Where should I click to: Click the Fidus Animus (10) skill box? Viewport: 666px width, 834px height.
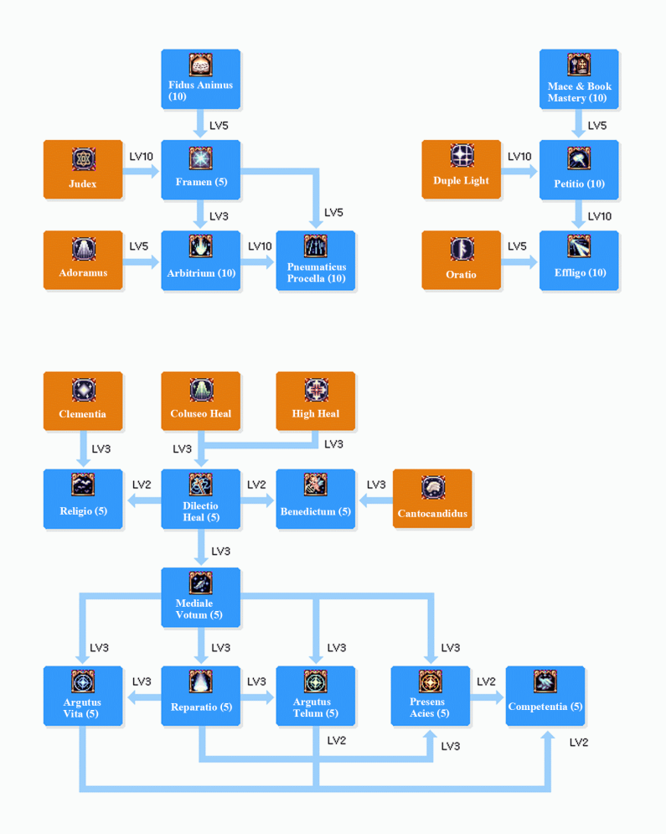[200, 80]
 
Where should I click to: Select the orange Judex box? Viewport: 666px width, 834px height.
[83, 170]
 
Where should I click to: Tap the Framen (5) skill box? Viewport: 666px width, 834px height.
[200, 170]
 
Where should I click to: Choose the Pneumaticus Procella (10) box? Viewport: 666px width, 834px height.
[316, 261]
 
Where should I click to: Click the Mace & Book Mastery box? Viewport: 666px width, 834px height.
[579, 80]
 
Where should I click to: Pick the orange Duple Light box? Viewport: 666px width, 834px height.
[461, 170]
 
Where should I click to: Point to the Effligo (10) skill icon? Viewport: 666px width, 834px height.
[579, 246]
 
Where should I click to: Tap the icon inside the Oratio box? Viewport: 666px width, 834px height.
[462, 249]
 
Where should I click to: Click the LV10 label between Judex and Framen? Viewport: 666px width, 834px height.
[142, 157]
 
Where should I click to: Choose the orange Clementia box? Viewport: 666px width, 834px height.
[83, 401]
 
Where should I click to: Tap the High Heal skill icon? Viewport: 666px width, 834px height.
[316, 390]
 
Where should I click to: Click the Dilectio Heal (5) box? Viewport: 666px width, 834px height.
[200, 500]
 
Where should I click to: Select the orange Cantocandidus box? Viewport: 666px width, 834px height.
[432, 500]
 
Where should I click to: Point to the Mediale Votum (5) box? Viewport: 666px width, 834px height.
[200, 598]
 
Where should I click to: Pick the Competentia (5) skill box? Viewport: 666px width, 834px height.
[545, 697]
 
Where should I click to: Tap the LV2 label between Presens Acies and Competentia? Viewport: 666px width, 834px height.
[486, 681]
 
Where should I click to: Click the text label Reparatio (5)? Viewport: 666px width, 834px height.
[201, 707]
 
